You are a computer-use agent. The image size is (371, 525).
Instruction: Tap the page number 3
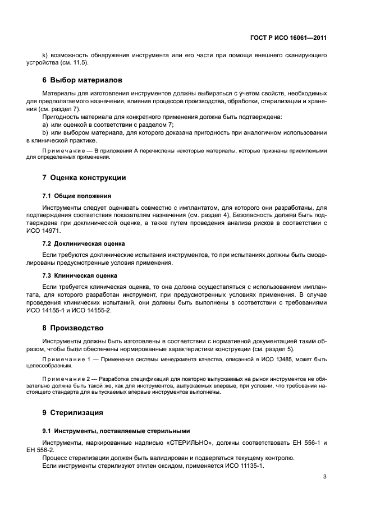324,477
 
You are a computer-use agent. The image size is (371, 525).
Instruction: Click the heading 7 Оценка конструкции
84,178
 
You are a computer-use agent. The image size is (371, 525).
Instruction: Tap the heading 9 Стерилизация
73,413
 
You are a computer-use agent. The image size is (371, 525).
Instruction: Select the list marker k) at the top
45,54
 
